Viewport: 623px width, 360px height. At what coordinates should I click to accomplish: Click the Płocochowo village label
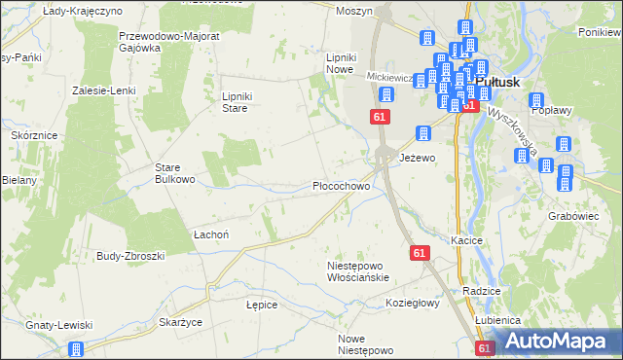click(341, 185)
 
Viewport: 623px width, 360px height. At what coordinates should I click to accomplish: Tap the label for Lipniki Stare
click(238, 102)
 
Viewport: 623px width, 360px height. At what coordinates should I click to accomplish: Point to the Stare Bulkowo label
click(176, 173)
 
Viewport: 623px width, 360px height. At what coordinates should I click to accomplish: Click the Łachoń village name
click(210, 234)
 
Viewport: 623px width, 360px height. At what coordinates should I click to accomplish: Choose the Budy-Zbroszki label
click(130, 255)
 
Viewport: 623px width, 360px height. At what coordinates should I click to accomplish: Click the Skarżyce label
click(179, 320)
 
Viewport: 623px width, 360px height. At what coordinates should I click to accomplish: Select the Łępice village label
click(262, 305)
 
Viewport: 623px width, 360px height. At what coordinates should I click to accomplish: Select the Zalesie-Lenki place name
click(102, 90)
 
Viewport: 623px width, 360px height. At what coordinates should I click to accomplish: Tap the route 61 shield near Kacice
click(420, 253)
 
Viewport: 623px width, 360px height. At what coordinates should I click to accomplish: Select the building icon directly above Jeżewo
click(423, 133)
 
